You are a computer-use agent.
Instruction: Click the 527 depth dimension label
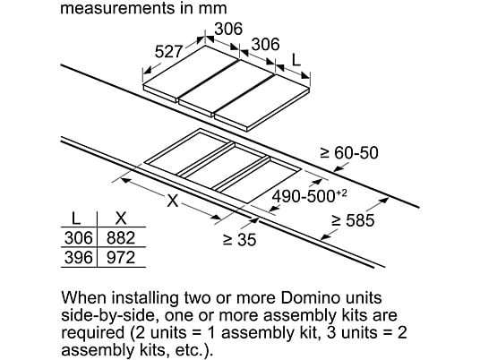168,51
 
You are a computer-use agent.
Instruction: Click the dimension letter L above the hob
296,60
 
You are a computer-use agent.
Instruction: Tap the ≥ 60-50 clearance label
349,153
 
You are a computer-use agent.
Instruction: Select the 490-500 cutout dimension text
304,196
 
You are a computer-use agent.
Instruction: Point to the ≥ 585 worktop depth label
353,220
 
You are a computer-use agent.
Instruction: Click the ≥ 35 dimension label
240,240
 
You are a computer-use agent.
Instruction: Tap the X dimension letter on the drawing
173,201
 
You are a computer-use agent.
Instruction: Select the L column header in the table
75,219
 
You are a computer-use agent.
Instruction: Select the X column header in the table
121,219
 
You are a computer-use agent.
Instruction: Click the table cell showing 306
79,238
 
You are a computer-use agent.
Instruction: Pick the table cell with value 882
121,238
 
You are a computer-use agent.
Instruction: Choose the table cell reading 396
79,257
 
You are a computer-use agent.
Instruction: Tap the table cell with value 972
121,257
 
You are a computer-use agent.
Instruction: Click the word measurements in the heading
118,8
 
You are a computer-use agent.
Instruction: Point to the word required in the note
93,333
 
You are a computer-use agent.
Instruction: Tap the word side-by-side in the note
109,316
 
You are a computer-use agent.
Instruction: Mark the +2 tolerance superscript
341,193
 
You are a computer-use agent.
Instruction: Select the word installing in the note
141,298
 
